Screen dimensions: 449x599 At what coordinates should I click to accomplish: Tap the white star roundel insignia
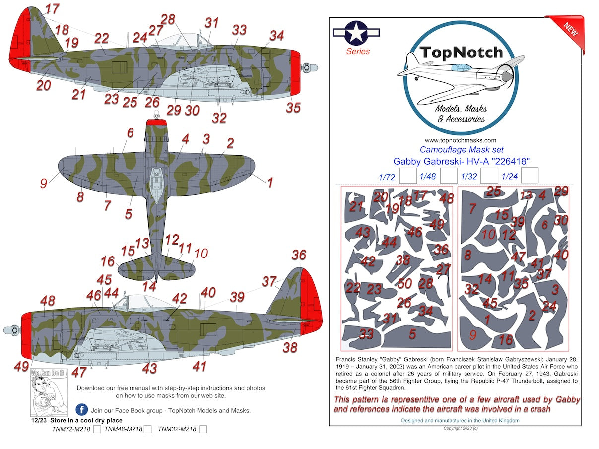coord(356,33)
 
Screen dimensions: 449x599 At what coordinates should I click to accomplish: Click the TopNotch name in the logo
coord(461,53)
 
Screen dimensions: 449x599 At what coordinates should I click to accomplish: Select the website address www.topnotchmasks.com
coord(460,140)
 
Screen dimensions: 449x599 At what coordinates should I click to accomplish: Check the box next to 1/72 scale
coord(408,176)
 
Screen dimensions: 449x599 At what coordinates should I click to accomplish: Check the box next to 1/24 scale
coord(530,176)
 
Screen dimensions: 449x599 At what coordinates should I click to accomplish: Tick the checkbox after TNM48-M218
coord(147,430)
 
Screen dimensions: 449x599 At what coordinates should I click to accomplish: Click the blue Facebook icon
coord(82,410)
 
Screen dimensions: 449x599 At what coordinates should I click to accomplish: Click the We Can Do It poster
coord(49,392)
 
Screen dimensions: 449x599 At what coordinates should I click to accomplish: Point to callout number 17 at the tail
coord(52,8)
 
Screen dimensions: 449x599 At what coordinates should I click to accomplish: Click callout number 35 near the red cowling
coord(293,107)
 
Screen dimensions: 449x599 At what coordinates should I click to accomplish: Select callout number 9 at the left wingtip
coord(44,183)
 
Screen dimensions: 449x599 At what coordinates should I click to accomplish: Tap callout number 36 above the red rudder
coord(299,255)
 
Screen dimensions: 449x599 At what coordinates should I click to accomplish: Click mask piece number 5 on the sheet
coord(412,334)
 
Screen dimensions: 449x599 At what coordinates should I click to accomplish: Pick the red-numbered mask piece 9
coord(472,335)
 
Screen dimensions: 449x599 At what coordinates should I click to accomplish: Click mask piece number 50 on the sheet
coord(405,283)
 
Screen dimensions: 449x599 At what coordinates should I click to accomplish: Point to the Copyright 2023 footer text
coord(461,428)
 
